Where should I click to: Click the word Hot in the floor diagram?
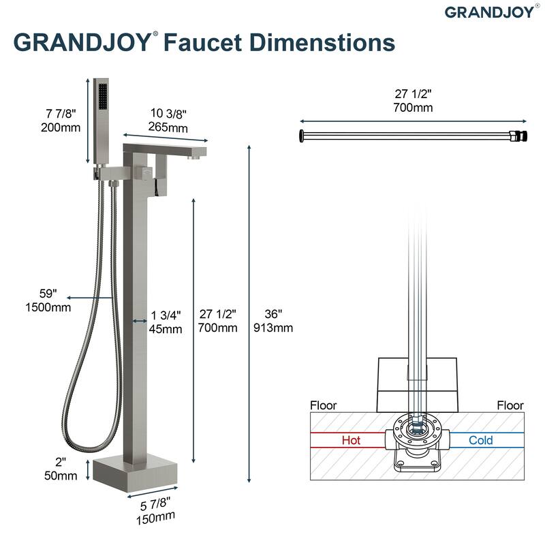pyautogui.click(x=351, y=440)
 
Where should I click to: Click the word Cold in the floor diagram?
pyautogui.click(x=481, y=440)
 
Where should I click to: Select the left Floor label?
pyautogui.click(x=324, y=405)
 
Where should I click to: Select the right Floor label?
pyautogui.click(x=510, y=405)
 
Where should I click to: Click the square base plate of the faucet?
pyautogui.click(x=134, y=470)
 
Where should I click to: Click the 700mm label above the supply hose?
pyautogui.click(x=413, y=107)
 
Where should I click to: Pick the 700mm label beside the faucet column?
pyautogui.click(x=218, y=328)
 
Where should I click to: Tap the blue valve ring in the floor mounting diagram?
pyautogui.click(x=416, y=429)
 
